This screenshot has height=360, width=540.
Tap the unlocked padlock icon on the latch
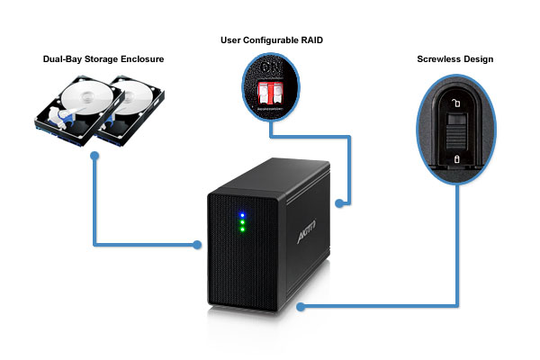coord(457,104)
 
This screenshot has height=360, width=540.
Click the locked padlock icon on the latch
coord(457,159)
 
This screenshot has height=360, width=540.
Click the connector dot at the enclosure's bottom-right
coord(301,307)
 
